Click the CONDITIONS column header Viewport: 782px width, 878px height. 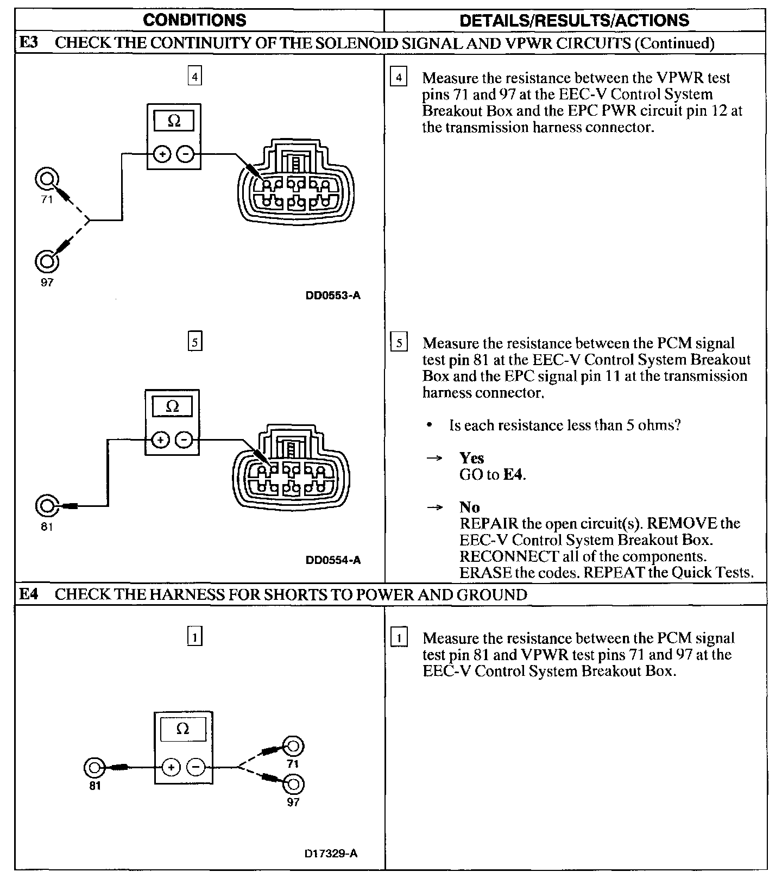tap(194, 21)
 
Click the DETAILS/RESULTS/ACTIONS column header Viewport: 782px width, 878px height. tap(574, 21)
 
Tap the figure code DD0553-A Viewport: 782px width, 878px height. tap(333, 296)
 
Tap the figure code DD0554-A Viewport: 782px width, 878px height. tap(333, 560)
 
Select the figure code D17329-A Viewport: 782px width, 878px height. tap(331, 854)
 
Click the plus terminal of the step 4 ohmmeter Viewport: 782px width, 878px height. tap(162, 154)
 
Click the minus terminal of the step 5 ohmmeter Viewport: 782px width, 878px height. tap(185, 439)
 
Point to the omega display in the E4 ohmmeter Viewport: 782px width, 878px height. tap(183, 729)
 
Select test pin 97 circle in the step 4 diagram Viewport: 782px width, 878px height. tap(47, 261)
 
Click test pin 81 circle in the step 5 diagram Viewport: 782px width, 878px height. tap(46, 506)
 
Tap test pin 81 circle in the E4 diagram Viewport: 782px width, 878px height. tap(94, 768)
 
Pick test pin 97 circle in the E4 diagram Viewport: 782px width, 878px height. tap(294, 785)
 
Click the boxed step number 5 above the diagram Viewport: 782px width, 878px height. tap(194, 342)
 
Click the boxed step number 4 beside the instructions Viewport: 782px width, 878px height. tap(399, 78)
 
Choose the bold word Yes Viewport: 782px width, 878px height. tap(471, 458)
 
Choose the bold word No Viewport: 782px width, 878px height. tap(469, 507)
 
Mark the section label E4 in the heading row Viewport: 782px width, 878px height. tap(29, 594)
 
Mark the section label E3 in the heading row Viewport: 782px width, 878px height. tap(29, 42)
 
